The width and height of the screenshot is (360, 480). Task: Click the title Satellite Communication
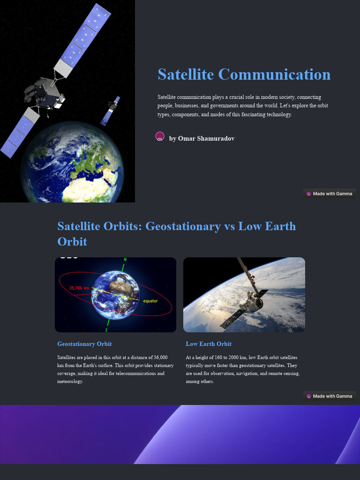pyautogui.click(x=244, y=75)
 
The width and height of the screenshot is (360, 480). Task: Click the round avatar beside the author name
pyautogui.click(x=160, y=136)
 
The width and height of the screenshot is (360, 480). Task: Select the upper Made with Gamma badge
pyautogui.click(x=330, y=194)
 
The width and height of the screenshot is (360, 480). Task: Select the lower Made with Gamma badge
pyautogui.click(x=330, y=396)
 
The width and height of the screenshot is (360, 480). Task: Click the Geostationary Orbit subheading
pyautogui.click(x=84, y=344)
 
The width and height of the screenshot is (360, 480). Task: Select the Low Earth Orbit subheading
pyautogui.click(x=209, y=344)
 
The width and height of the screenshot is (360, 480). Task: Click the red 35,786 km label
pyautogui.click(x=79, y=288)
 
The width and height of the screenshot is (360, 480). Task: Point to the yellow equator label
pyautogui.click(x=150, y=301)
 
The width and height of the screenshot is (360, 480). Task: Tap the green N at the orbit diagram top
pyautogui.click(x=125, y=260)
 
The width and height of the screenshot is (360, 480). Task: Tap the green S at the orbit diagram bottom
pyautogui.click(x=106, y=330)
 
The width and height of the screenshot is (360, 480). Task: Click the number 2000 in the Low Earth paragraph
pyautogui.click(x=234, y=357)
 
